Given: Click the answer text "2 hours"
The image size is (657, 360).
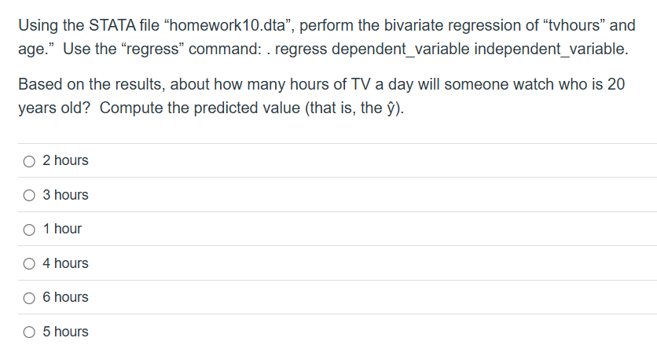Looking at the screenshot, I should (65, 160).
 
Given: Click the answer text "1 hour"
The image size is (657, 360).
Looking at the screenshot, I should (62, 229).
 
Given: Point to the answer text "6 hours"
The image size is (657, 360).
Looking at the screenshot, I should (65, 297).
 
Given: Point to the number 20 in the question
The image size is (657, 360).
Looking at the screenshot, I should (616, 84).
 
